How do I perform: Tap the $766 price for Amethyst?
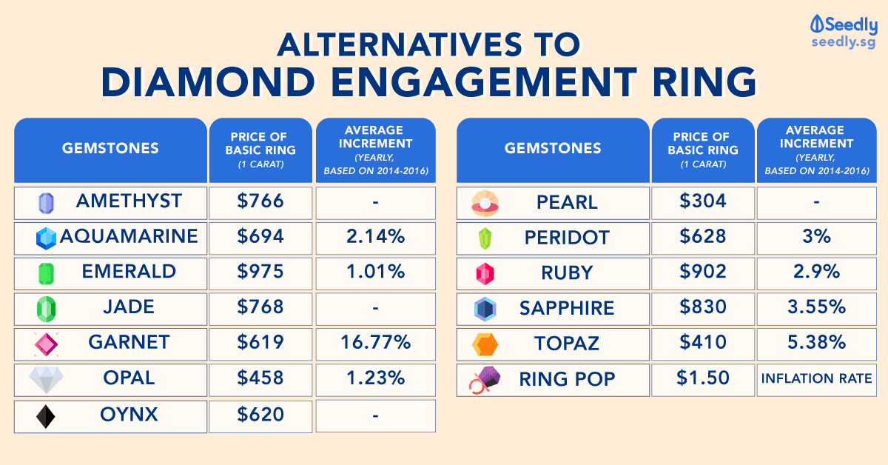[260, 201]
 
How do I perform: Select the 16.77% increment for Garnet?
[375, 343]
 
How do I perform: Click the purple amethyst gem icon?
[46, 203]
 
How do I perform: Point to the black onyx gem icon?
[46, 415]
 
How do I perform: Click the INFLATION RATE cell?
[817, 379]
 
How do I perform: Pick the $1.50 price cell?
[703, 378]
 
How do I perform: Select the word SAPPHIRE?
[567, 308]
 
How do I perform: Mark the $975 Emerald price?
[260, 272]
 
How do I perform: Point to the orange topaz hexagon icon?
[485, 344]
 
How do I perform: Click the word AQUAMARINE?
[129, 236]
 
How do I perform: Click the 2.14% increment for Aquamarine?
[375, 237]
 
